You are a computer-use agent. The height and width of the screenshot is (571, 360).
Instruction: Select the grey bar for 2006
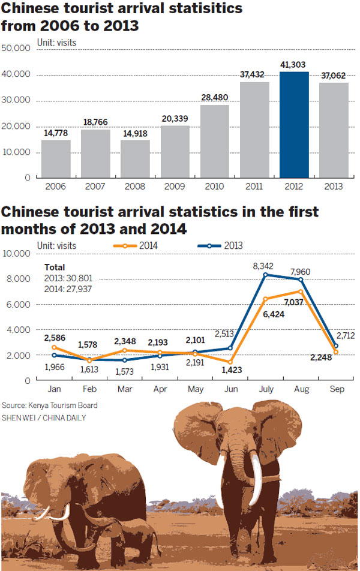(x=56, y=158)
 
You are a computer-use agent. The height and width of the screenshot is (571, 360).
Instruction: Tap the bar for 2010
(x=215, y=141)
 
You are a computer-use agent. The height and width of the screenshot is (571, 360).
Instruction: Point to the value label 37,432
(x=254, y=74)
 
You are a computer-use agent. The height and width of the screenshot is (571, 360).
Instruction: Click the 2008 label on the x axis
(x=136, y=186)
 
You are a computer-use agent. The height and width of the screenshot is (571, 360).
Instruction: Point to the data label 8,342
(x=262, y=265)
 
